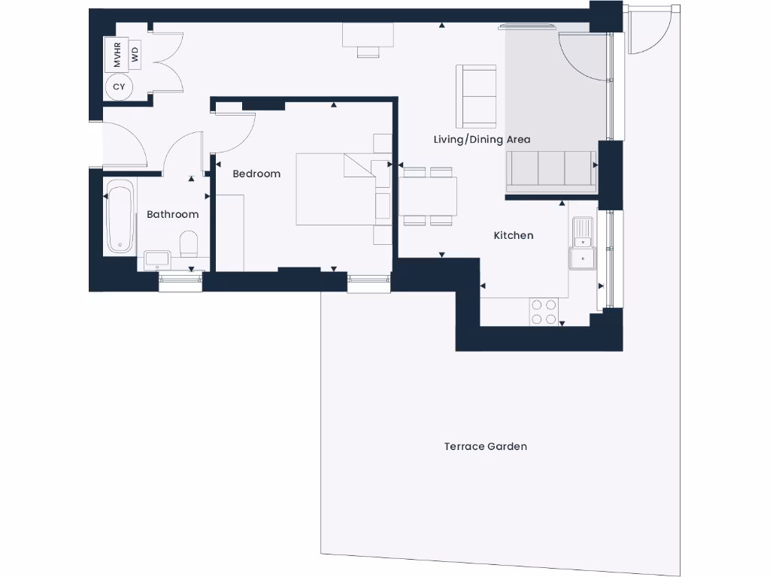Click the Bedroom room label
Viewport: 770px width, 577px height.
[256, 174]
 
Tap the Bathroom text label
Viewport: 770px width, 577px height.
[173, 214]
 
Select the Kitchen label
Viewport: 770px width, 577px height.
[514, 235]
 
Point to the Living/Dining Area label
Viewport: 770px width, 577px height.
[482, 139]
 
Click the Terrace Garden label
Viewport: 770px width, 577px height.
[486, 446]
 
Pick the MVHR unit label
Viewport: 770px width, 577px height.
[117, 54]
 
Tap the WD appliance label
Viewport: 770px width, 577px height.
[135, 54]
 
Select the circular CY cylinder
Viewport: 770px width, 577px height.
[119, 87]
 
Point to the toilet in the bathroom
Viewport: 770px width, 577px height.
[189, 244]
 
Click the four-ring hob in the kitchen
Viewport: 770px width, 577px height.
[544, 312]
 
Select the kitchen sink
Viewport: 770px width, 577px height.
[582, 243]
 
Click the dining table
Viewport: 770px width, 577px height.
[427, 195]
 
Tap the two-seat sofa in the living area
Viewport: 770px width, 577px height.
[476, 96]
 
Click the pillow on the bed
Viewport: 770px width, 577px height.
[359, 166]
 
